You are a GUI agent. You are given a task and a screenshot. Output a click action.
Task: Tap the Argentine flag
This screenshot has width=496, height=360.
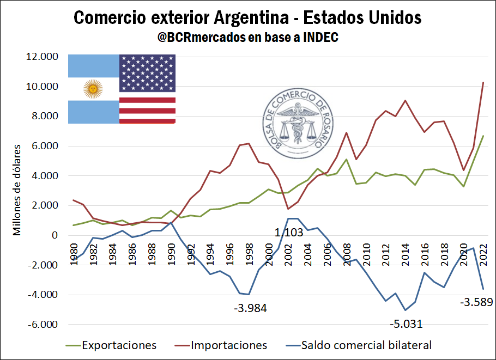point(93,89)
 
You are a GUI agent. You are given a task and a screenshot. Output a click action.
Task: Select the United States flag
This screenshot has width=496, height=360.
point(147,89)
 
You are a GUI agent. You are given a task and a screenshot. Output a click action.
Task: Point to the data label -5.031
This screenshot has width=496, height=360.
point(406,325)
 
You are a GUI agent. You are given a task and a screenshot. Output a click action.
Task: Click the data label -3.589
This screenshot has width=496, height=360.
point(476,302)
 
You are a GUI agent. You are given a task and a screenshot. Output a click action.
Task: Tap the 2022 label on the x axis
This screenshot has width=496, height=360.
point(483,252)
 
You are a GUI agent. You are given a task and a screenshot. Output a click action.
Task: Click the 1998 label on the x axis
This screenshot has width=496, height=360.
point(249,252)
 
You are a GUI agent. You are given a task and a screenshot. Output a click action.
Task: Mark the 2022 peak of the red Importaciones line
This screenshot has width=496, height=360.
point(483,83)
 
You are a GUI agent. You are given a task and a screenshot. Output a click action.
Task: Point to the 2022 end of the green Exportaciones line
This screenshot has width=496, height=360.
point(483,136)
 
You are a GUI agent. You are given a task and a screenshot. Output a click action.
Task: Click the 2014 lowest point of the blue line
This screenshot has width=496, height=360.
point(406,310)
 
